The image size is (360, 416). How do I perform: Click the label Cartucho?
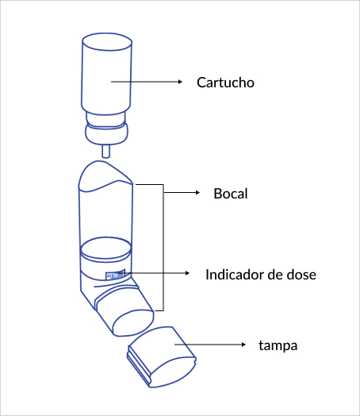click(225, 83)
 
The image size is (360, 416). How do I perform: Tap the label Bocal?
click(231, 193)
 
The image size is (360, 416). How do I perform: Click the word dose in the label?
click(302, 275)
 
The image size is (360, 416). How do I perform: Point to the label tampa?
click(277, 345)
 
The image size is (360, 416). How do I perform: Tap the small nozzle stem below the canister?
click(106, 148)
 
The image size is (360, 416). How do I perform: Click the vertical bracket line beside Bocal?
click(163, 246)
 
